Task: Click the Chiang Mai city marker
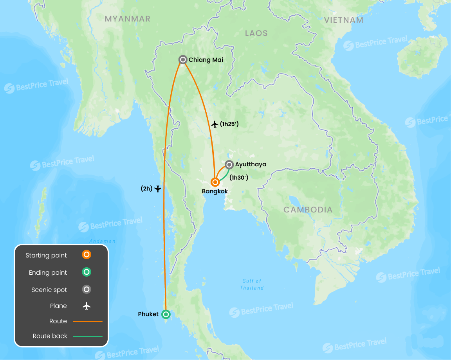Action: tap(182, 59)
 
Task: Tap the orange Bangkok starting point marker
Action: tap(215, 182)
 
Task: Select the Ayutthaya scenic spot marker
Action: tap(229, 164)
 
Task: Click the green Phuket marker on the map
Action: tap(166, 314)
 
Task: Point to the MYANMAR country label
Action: tap(128, 19)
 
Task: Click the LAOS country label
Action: tap(256, 33)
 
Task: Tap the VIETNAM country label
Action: tap(344, 20)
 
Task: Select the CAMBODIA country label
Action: tap(308, 210)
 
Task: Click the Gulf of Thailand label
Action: tap(252, 284)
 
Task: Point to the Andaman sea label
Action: tap(103, 241)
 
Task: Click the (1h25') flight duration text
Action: tap(229, 124)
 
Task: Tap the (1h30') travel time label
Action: tap(239, 178)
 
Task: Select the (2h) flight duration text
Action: tap(146, 189)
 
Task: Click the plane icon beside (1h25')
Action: tap(215, 124)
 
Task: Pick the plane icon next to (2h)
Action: tap(158, 189)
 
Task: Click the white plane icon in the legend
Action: tap(87, 306)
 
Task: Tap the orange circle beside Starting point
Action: tap(87, 255)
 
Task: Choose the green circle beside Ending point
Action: tap(87, 272)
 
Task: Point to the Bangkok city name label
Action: tap(215, 191)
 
